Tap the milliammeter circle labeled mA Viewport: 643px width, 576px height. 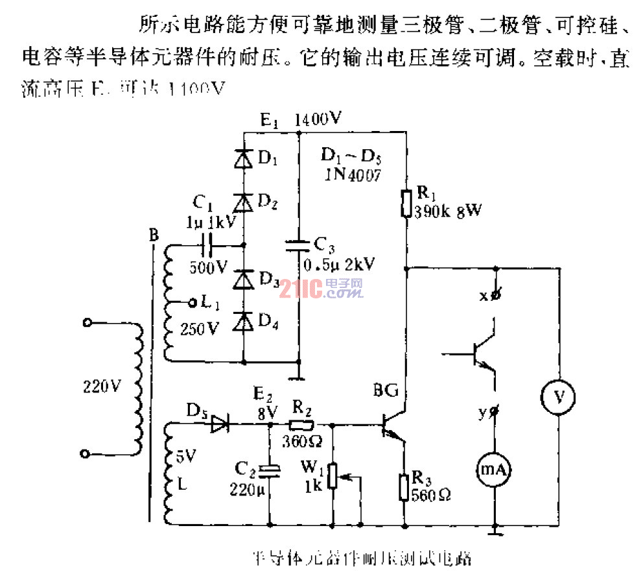495,469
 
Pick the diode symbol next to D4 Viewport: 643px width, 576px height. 244,321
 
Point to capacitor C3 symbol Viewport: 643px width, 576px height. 298,245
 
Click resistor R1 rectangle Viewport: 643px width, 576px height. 406,202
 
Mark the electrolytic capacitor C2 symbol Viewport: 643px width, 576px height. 268,470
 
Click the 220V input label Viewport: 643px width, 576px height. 102,387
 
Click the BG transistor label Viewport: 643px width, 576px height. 387,392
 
